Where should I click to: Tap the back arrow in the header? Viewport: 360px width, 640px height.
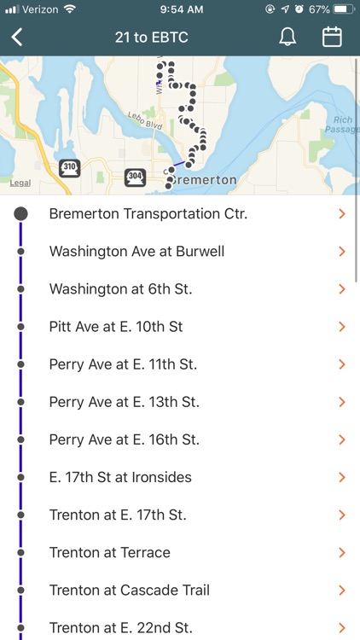tap(17, 38)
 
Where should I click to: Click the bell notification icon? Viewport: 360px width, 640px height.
tap(287, 38)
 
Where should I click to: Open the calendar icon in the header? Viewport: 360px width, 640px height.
tap(332, 37)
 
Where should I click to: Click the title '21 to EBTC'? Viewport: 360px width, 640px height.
tap(151, 38)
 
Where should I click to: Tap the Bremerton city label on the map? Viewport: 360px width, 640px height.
tap(204, 181)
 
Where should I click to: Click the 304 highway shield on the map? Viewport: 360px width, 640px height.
tap(135, 177)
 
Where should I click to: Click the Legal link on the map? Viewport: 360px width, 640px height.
tap(20, 183)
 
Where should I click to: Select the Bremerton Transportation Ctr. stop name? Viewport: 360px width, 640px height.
tap(148, 214)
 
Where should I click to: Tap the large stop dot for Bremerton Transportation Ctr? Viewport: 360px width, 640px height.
tap(20, 214)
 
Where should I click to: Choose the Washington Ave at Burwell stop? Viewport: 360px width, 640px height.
tap(136, 252)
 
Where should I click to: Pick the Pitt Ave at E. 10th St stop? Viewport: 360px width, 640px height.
tap(116, 327)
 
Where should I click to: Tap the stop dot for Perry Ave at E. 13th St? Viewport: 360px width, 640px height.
tap(20, 402)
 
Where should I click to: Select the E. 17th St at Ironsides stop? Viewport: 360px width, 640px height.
tap(120, 477)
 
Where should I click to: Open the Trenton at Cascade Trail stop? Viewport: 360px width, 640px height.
tap(130, 590)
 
